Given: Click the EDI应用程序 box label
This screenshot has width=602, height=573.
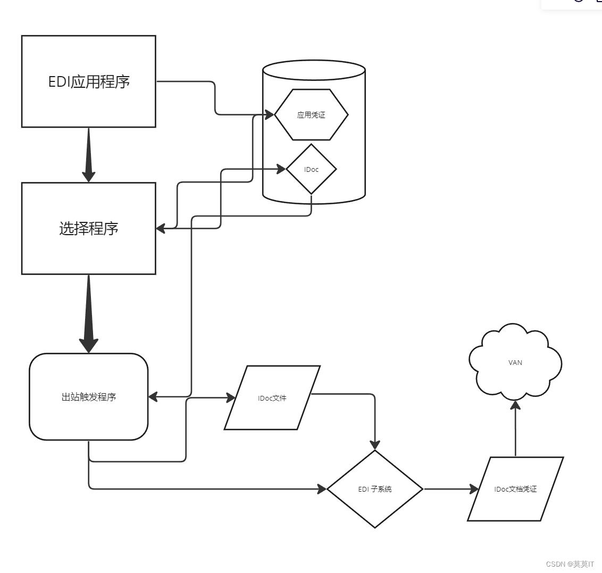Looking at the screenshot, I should [x=89, y=82].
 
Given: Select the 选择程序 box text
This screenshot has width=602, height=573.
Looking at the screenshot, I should [x=89, y=229].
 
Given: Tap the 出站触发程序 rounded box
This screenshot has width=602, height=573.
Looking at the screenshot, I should [x=88, y=397].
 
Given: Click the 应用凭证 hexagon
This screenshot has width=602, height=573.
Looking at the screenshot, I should [x=311, y=115].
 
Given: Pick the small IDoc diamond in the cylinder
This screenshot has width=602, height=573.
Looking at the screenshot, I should [x=311, y=169].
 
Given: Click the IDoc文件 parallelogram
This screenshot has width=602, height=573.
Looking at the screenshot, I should [x=272, y=398].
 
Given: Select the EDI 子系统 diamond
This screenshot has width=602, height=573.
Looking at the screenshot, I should [x=375, y=489].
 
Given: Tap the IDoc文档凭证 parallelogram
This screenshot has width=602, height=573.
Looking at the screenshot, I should [x=515, y=489].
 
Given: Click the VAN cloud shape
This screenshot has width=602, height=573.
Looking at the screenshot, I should [x=515, y=363].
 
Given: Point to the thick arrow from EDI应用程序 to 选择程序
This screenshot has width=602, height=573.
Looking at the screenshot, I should [x=89, y=154].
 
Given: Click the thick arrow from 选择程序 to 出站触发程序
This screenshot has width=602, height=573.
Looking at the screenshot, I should [x=89, y=314].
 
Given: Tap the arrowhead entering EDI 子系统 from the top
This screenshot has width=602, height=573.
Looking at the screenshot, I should [x=375, y=445].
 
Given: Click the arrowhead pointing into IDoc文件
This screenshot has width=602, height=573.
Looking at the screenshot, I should [x=230, y=397].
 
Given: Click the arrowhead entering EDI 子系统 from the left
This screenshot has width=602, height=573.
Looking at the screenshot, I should [x=322, y=489].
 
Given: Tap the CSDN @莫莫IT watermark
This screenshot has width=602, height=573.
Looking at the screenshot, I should [x=570, y=564].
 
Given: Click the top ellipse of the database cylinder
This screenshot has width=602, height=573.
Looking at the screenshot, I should [x=314, y=71].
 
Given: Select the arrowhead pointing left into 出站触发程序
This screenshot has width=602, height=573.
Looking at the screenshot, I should [x=153, y=396].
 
